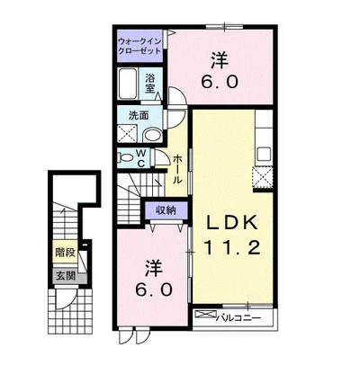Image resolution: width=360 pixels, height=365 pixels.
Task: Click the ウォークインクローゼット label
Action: [139, 46]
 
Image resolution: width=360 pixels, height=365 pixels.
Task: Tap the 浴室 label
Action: [150, 84]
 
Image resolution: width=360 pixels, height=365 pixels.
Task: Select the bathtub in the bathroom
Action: [128, 84]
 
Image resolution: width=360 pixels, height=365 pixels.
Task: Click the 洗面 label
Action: [139, 115]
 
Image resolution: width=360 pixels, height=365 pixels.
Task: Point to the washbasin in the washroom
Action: [152, 136]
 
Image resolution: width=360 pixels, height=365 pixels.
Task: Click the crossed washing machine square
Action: [127, 134]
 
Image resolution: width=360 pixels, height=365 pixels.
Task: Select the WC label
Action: [141, 158]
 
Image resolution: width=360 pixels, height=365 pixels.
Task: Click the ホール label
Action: [177, 169]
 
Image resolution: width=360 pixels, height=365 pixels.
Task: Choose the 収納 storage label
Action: [166, 210]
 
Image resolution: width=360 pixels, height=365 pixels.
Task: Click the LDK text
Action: [231, 222]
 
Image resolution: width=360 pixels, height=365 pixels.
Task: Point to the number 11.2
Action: [231, 247]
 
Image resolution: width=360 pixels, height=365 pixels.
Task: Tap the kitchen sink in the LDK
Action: [264, 155]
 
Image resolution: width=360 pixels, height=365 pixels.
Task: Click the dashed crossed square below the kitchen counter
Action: [262, 177]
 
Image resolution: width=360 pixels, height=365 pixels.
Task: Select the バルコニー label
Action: [238, 317]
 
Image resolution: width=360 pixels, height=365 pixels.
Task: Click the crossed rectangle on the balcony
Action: [205, 315]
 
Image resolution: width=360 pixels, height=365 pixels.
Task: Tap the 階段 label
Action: [65, 252]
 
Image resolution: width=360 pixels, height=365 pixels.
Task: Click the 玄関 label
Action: [66, 276]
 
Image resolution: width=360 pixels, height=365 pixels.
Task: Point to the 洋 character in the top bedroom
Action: [220, 59]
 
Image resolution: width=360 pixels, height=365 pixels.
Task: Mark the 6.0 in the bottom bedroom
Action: [154, 289]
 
